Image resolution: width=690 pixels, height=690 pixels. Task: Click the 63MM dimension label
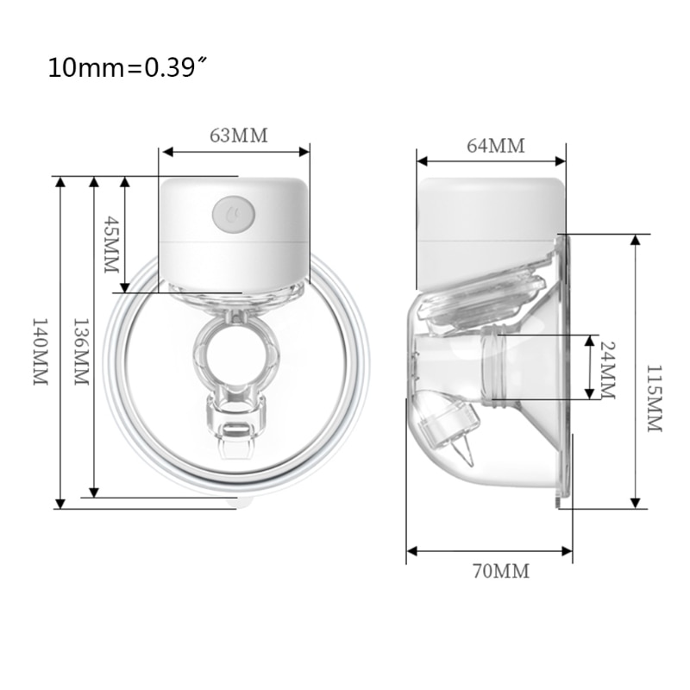(239, 135)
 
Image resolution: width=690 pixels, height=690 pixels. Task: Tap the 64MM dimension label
(495, 145)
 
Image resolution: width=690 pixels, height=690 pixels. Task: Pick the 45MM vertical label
(109, 245)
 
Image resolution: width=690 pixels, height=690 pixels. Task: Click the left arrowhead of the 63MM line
(165, 152)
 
